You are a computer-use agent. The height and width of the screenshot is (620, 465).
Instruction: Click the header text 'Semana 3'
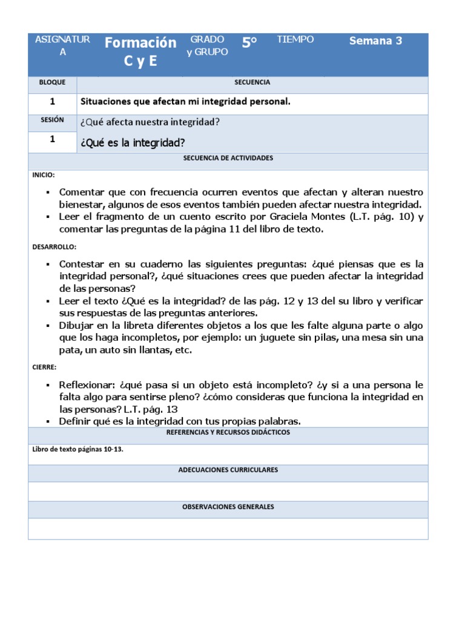pyautogui.click(x=375, y=41)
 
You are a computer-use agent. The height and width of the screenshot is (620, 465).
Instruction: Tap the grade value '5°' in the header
pyautogui.click(x=249, y=42)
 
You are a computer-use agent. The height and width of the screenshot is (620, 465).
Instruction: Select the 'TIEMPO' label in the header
pyautogui.click(x=295, y=40)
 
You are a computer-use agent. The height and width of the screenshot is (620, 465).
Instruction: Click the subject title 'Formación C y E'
pyautogui.click(x=140, y=51)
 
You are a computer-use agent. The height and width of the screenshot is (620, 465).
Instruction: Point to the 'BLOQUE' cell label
pyautogui.click(x=52, y=82)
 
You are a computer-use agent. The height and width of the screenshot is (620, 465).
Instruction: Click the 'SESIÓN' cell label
pyautogui.click(x=52, y=120)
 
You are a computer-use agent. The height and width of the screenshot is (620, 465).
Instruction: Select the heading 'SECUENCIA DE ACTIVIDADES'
pyautogui.click(x=228, y=158)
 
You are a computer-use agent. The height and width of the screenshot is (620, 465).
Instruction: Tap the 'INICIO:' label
pyautogui.click(x=44, y=175)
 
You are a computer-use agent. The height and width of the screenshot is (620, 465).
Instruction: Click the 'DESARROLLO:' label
pyautogui.click(x=54, y=247)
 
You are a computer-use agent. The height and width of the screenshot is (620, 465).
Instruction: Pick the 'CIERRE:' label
pyautogui.click(x=45, y=367)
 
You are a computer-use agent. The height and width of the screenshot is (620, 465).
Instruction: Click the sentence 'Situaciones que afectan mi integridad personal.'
pyautogui.click(x=185, y=102)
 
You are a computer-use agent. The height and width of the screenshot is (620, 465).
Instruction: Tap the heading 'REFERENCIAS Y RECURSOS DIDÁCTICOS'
pyautogui.click(x=228, y=433)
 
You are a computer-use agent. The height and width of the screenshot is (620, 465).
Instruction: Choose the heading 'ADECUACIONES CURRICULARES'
pyautogui.click(x=228, y=470)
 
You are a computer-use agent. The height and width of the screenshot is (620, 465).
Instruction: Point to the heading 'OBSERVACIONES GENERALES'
pyautogui.click(x=228, y=507)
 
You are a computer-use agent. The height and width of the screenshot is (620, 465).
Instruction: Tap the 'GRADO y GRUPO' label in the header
pyautogui.click(x=207, y=46)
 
